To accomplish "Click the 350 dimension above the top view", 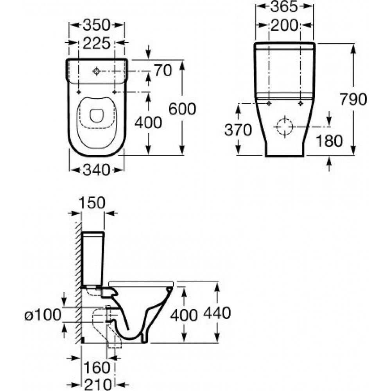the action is [x=96, y=25].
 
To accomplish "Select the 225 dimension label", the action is [x=96, y=43].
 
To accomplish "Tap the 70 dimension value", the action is [x=163, y=70].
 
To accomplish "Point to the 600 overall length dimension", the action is [x=182, y=109].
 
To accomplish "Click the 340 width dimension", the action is [x=96, y=170].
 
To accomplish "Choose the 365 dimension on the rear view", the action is [x=285, y=7].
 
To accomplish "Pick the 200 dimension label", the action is [x=285, y=25].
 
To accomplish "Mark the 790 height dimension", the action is [x=353, y=99].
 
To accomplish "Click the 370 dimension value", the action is [x=238, y=130].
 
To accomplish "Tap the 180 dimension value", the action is [x=329, y=141].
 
